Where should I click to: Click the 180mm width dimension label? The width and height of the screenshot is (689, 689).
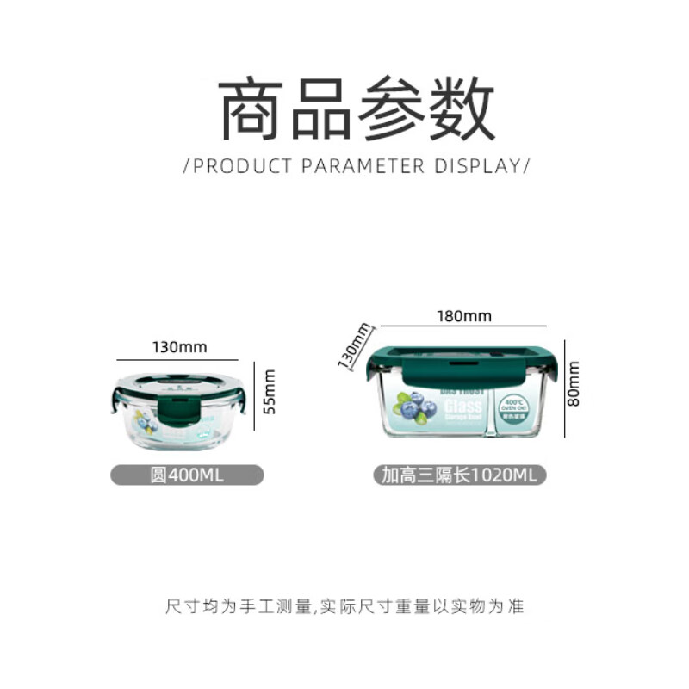[x=464, y=315]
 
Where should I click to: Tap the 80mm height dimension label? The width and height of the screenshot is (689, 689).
[x=574, y=383]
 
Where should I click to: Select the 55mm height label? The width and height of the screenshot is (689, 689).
[x=270, y=392]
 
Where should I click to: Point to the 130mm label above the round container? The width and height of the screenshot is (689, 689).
[x=179, y=347]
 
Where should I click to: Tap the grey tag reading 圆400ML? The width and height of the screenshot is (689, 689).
[x=187, y=475]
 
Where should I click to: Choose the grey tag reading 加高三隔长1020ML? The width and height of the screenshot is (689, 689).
[x=459, y=475]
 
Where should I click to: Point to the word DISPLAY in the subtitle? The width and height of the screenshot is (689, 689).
[x=477, y=165]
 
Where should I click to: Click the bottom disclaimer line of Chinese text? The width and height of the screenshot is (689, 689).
[x=344, y=607]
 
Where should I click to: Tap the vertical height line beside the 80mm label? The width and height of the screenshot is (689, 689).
[x=565, y=383]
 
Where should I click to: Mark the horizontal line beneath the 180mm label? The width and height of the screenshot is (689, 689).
[x=464, y=326]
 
